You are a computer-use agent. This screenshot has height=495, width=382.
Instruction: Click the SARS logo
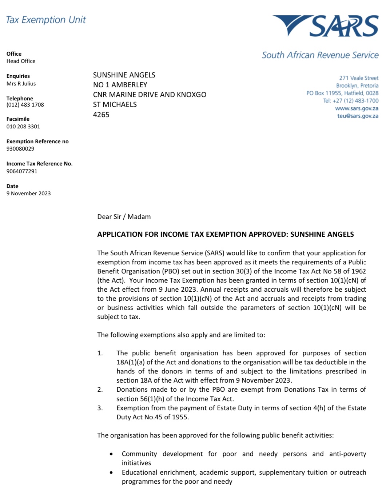(326, 26)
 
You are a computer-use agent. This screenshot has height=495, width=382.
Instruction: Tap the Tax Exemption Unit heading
(46, 20)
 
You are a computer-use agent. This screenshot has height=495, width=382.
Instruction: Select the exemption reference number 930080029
(20, 149)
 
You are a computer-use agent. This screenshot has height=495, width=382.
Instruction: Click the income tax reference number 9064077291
(22, 171)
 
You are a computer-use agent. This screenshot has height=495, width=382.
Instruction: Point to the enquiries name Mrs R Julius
(21, 84)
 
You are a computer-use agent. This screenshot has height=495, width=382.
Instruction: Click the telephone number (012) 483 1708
(25, 105)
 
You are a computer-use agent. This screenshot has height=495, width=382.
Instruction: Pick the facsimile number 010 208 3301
(23, 127)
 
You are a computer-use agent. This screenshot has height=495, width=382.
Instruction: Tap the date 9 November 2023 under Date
(28, 193)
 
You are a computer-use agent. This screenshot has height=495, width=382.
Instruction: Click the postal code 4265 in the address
(101, 115)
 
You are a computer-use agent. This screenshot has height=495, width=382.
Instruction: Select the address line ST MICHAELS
(115, 104)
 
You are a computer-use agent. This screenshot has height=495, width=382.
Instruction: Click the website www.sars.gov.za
(357, 108)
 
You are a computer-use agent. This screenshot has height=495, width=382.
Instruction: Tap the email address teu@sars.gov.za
(358, 116)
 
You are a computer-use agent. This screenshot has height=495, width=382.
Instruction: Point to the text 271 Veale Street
(359, 78)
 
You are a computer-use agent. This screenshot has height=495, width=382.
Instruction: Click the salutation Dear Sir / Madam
(124, 217)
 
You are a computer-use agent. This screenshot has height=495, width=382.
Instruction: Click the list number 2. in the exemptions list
(100, 390)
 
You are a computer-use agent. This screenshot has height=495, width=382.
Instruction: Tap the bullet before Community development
(111, 454)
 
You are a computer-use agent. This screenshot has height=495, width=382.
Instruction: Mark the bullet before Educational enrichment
(111, 472)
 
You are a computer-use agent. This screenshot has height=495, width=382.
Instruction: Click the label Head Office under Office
(21, 61)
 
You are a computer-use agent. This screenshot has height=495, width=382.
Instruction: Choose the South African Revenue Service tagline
(320, 55)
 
